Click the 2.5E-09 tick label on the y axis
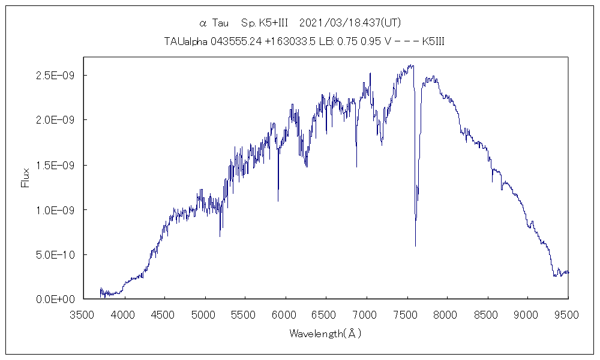click(55, 76)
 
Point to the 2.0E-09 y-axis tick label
click(55, 120)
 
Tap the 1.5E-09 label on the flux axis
click(55, 165)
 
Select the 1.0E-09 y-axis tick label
click(55, 210)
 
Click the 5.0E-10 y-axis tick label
click(55, 254)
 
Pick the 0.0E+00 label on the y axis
click(55, 299)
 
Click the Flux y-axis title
click(25, 178)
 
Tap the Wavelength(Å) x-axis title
click(325, 334)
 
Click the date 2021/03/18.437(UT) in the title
click(349, 23)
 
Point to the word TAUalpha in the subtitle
click(185, 41)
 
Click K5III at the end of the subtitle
click(433, 41)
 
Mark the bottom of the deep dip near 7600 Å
click(415, 245)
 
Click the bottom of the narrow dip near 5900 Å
click(278, 200)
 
